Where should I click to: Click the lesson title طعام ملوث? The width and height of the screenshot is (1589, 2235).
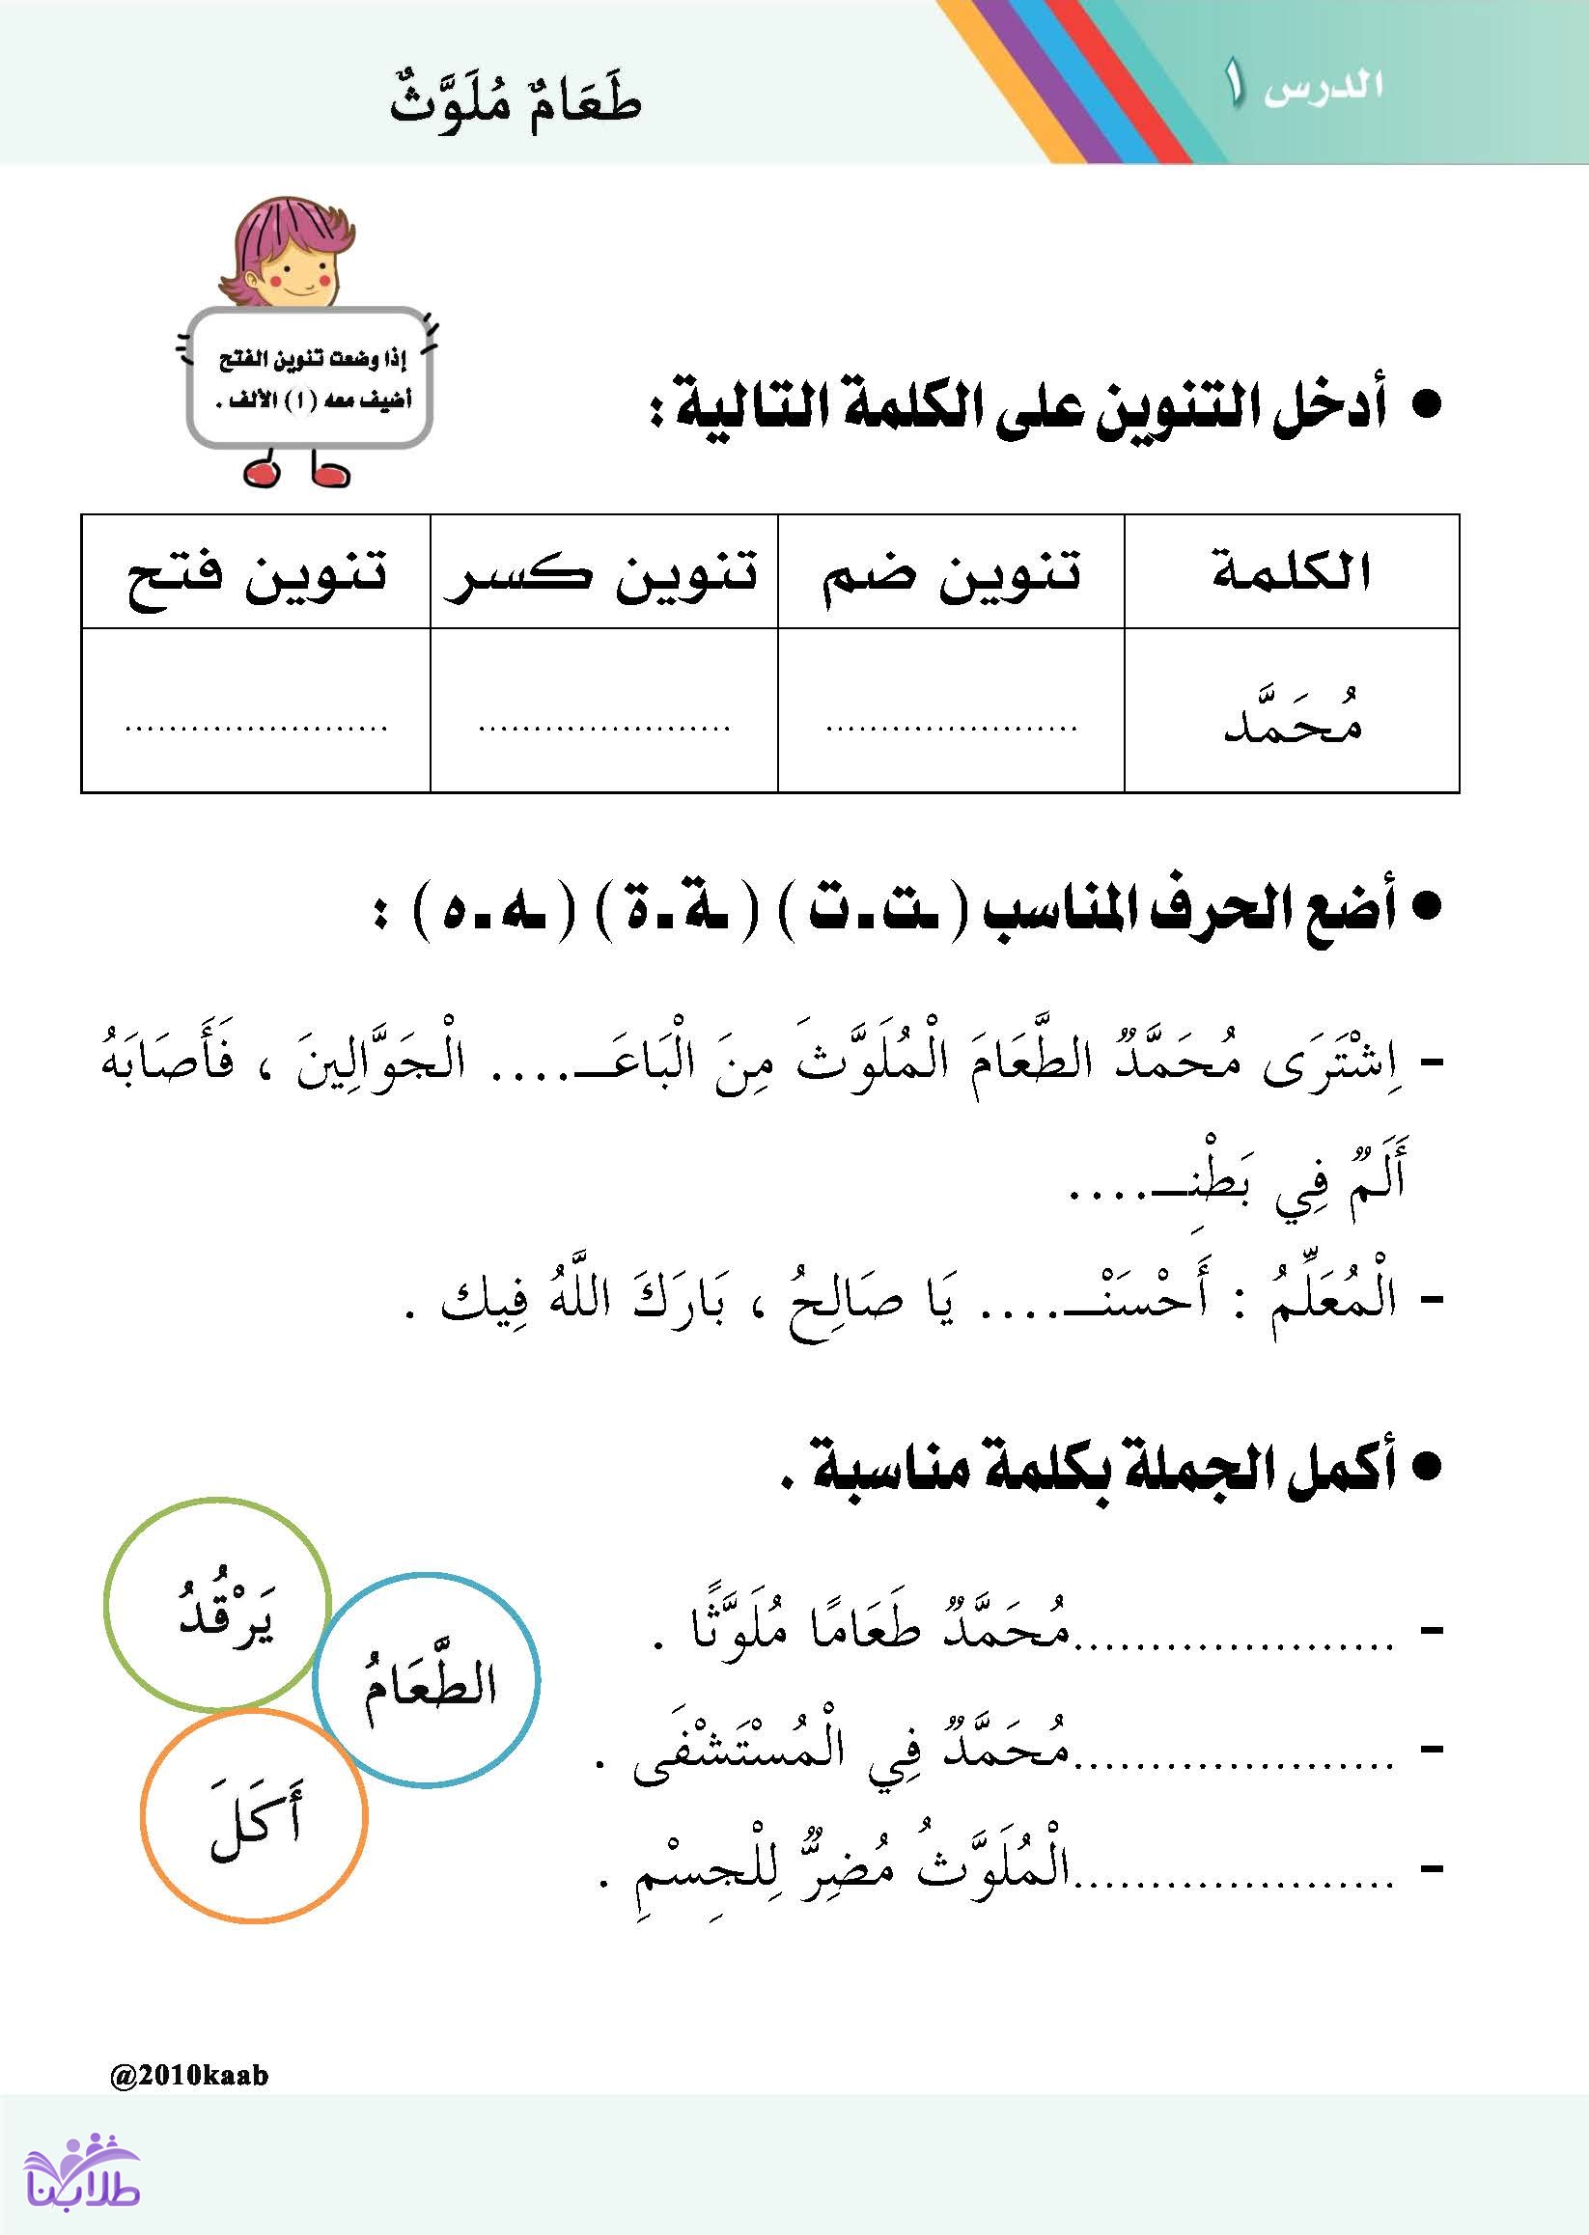(x=515, y=105)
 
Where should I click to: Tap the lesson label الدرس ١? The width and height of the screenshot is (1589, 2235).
(x=1303, y=86)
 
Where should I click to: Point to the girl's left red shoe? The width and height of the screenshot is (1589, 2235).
(x=263, y=474)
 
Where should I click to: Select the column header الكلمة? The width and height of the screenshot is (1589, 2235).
(x=1292, y=571)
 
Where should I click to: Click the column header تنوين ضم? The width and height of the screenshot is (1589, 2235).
(x=950, y=571)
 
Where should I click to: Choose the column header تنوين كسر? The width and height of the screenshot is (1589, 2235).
(x=601, y=573)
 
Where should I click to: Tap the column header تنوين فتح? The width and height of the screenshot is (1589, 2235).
(x=257, y=573)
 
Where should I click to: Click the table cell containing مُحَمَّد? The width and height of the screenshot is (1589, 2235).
(x=1292, y=712)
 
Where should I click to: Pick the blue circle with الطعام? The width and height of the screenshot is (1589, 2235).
(x=427, y=1680)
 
